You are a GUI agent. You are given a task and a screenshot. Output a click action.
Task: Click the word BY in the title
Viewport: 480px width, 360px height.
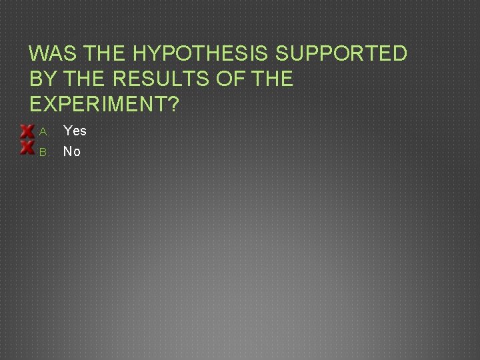(43, 79)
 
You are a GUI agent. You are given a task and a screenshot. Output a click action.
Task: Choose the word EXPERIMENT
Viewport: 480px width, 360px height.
(95, 104)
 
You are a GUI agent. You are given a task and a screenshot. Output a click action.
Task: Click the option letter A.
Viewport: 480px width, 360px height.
(43, 131)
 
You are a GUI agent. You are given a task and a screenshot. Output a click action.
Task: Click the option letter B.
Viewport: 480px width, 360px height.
(43, 152)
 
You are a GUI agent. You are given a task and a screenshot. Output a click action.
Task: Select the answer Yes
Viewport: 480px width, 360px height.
(75, 131)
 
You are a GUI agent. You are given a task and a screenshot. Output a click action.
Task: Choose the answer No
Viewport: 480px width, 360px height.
(72, 151)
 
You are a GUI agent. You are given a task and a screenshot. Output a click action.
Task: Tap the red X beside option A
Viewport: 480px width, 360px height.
(27, 131)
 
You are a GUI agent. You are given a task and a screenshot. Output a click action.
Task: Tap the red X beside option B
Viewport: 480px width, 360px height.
(27, 147)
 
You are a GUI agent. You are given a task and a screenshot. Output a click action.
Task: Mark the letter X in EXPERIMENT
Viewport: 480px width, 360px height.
(50, 104)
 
